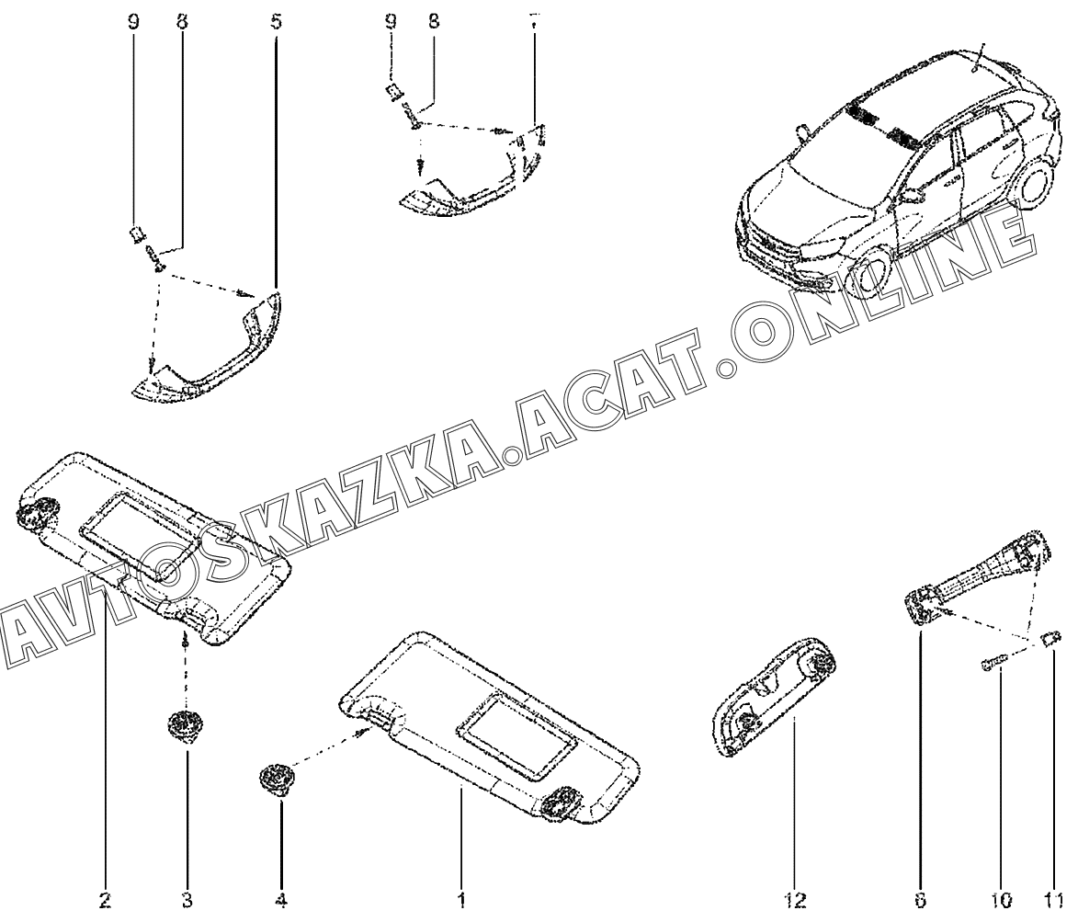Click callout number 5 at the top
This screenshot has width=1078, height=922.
click(x=277, y=20)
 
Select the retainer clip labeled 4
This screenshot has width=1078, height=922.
click(x=274, y=780)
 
